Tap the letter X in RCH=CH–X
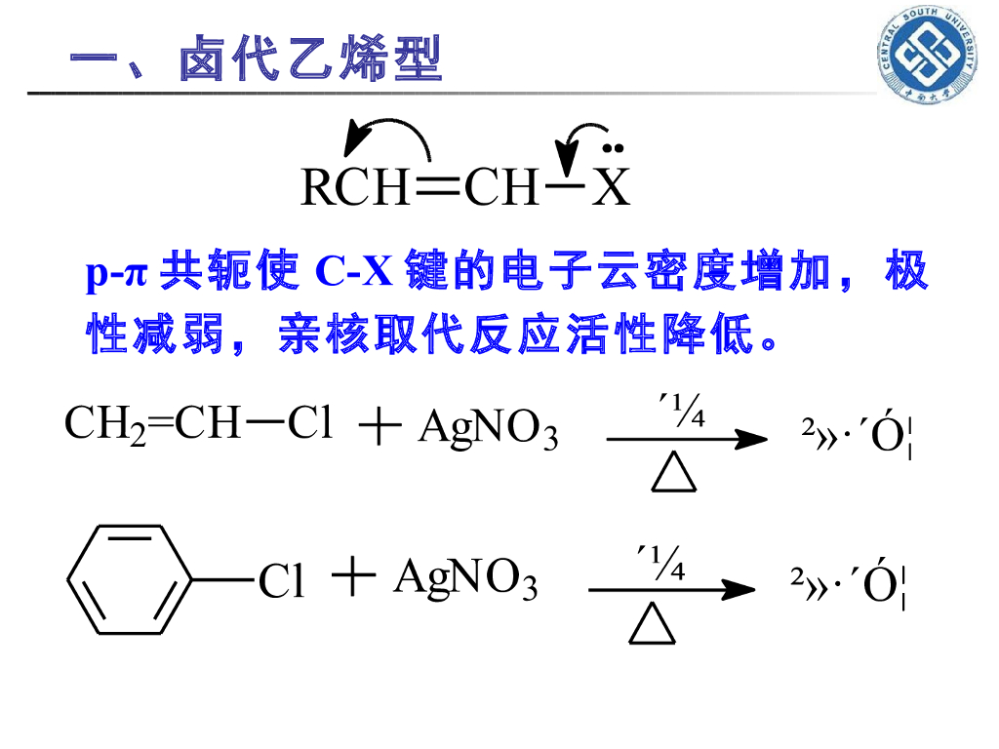coord(613,187)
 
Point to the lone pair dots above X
coord(613,149)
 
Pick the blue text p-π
coord(116,274)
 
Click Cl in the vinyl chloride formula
coord(312,424)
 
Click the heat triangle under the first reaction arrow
coord(674,473)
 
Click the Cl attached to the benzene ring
coord(281,582)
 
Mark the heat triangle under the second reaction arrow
coord(653,623)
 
